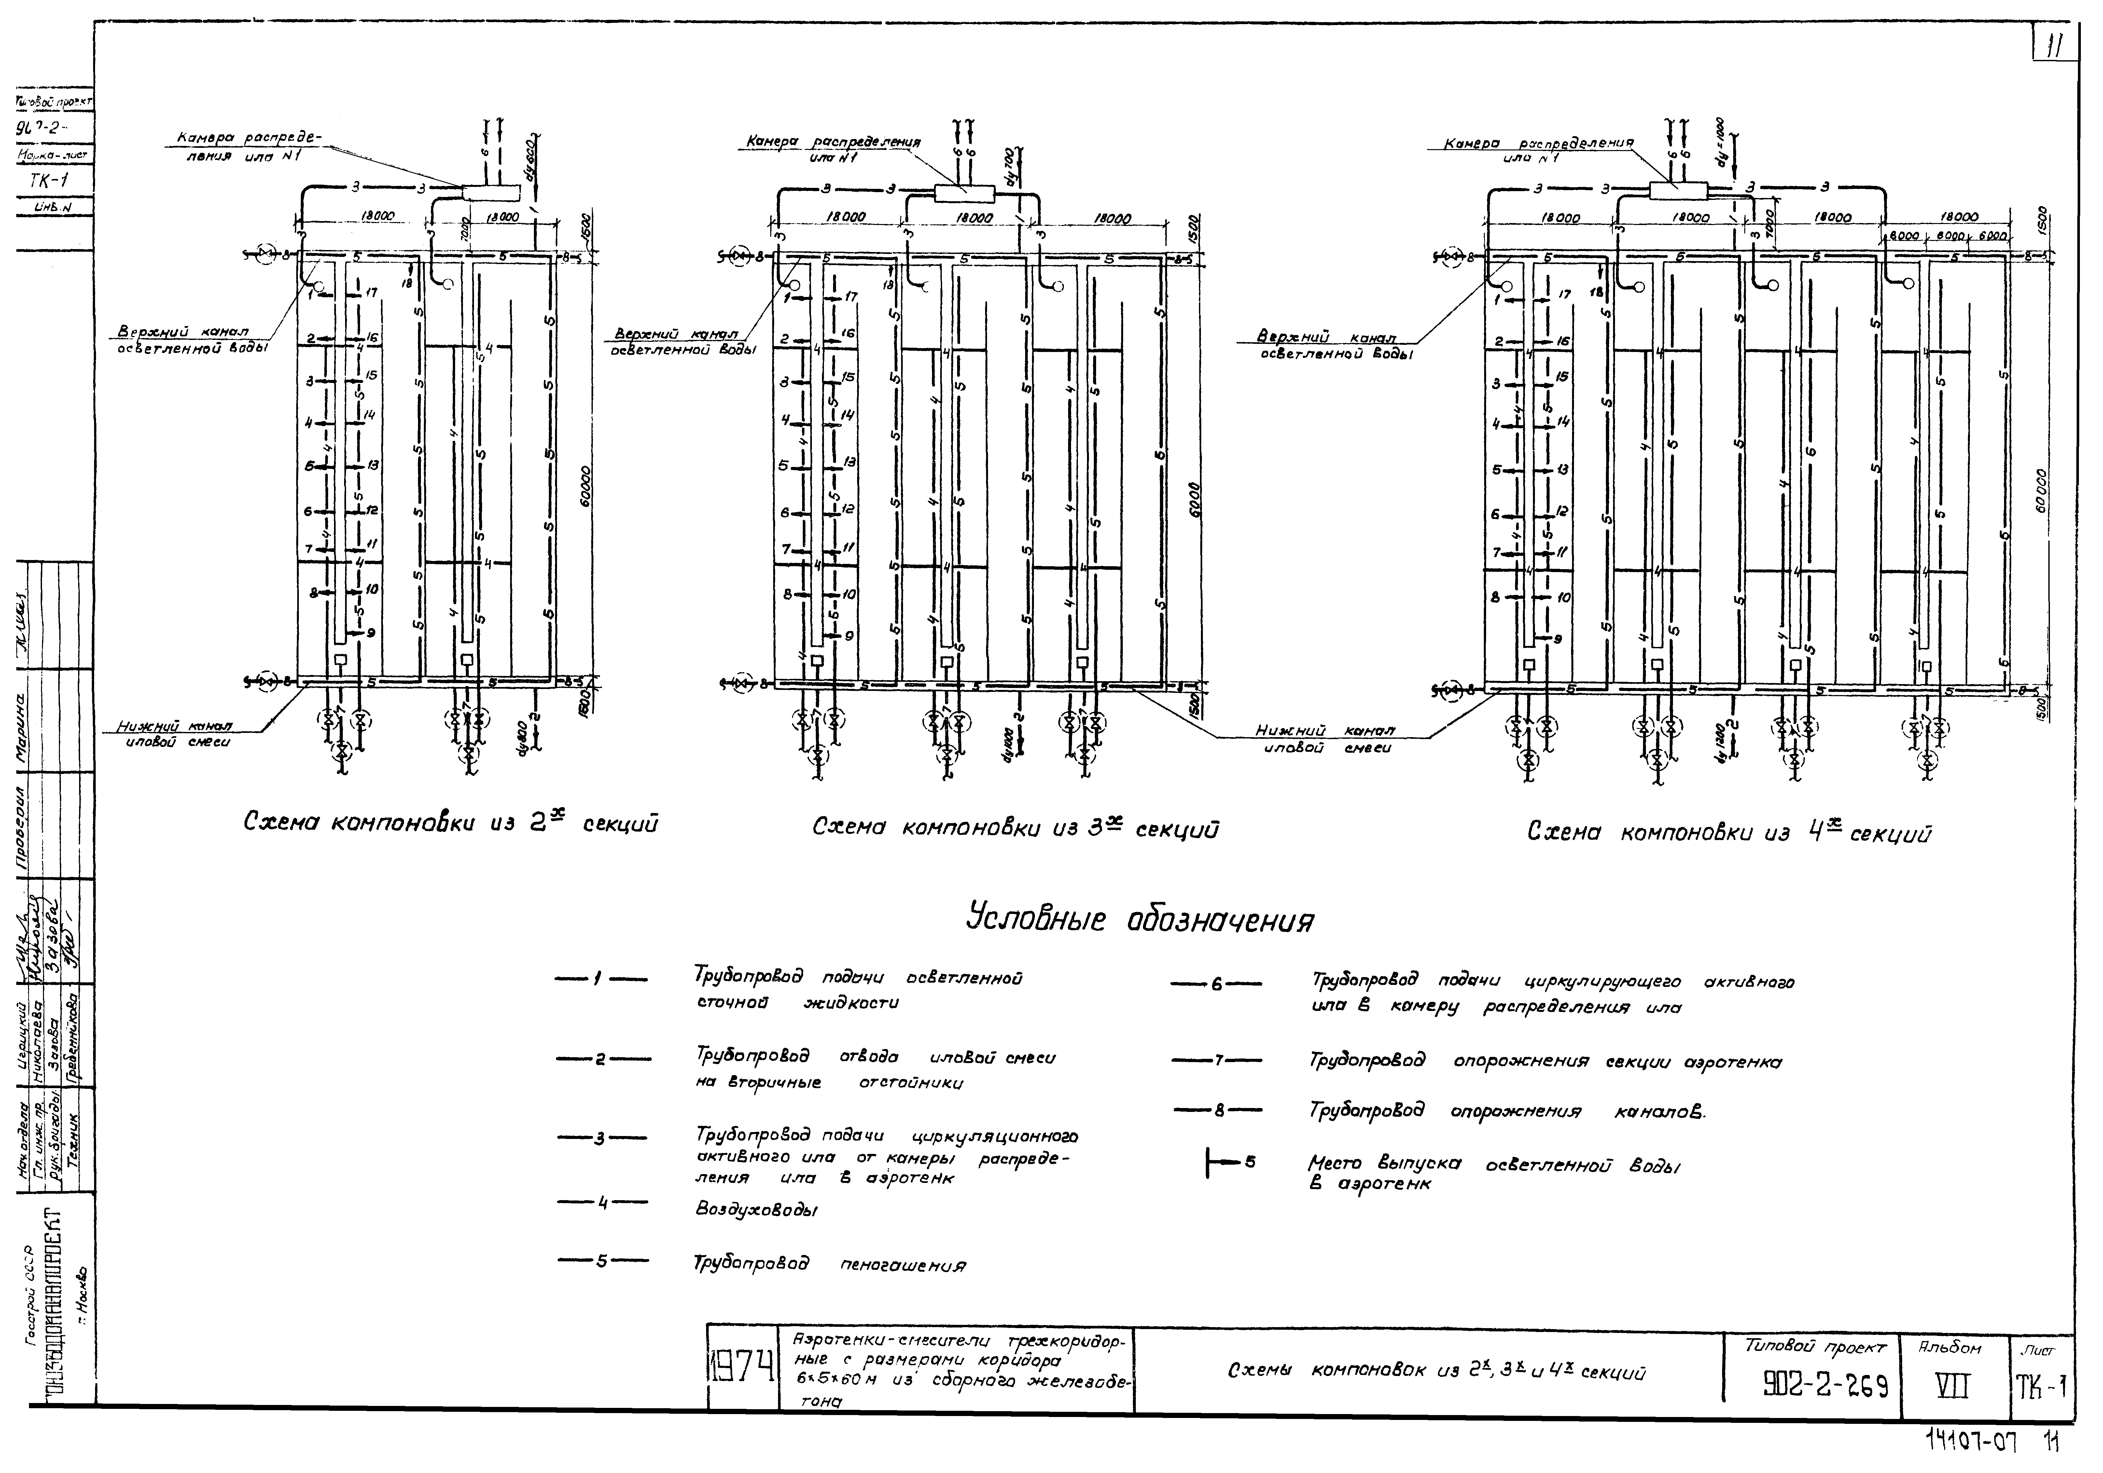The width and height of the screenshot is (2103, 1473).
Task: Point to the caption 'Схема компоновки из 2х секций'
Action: pos(451,823)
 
